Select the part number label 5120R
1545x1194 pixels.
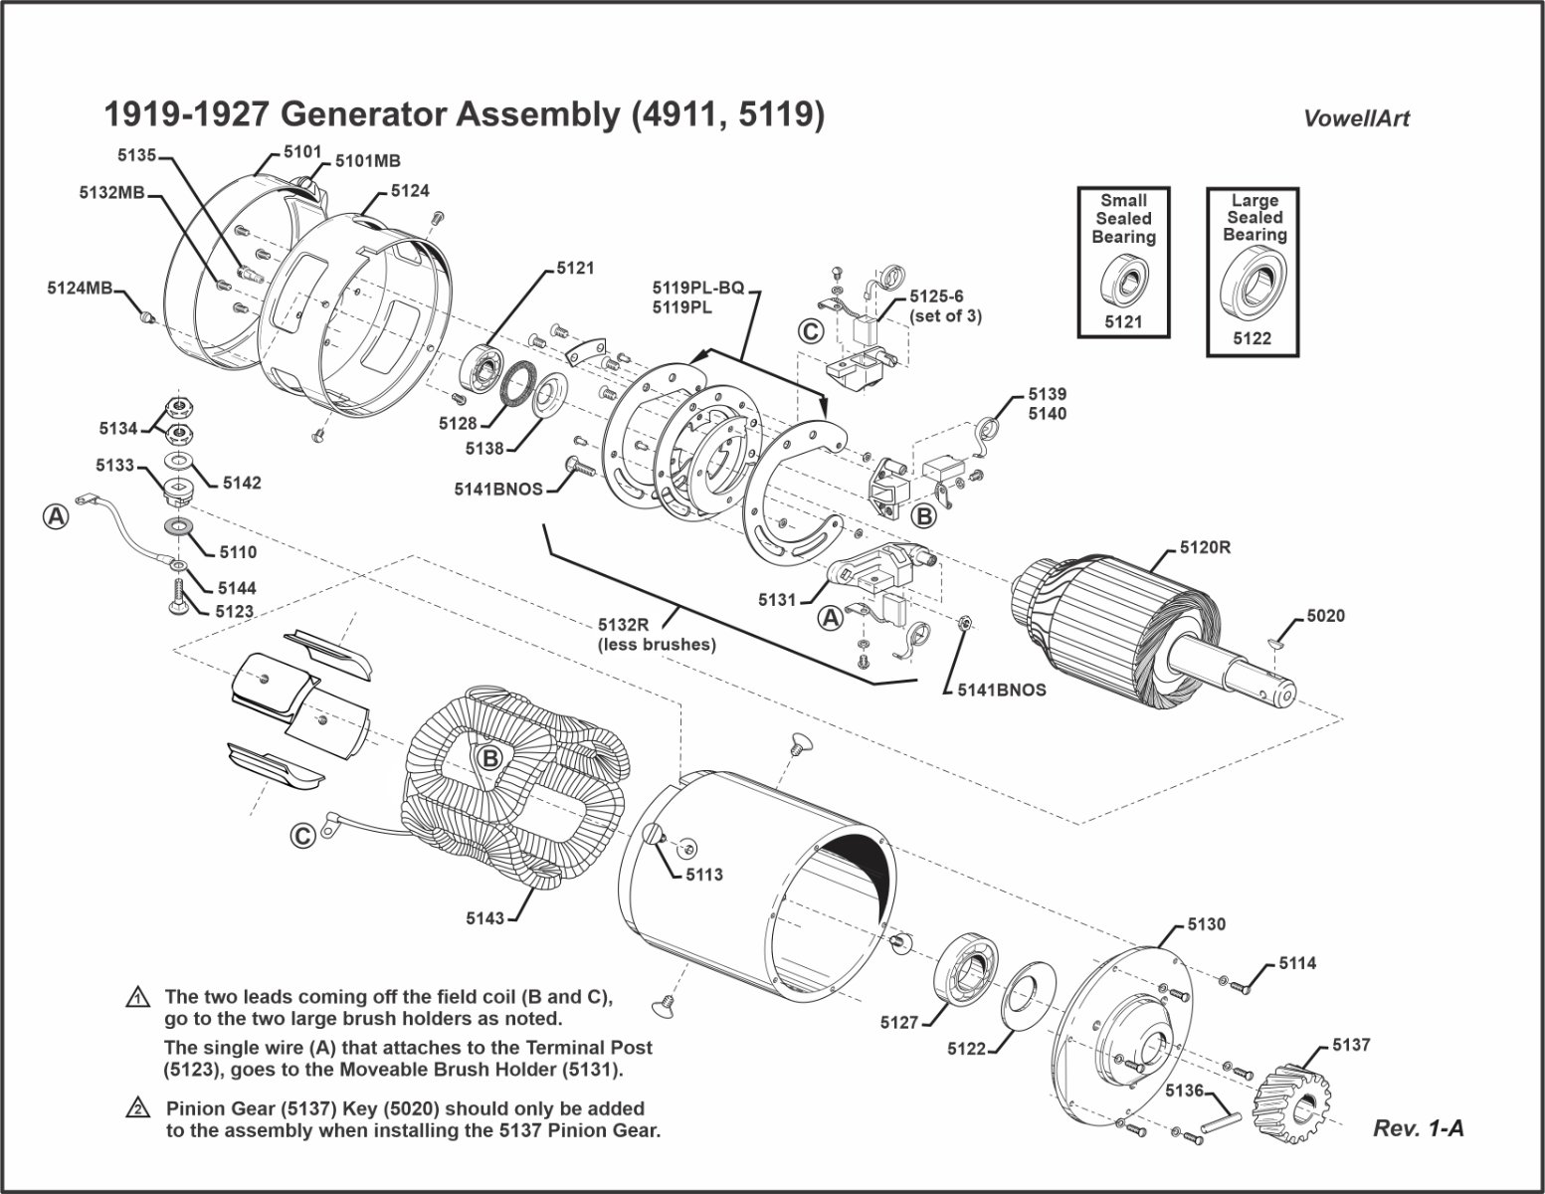(x=1205, y=547)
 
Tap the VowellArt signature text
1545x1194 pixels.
(x=1356, y=118)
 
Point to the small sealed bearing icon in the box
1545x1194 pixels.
(x=1122, y=280)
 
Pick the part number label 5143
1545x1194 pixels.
(x=484, y=918)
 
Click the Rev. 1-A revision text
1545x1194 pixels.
(x=1418, y=1128)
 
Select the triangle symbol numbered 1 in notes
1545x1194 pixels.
(x=136, y=997)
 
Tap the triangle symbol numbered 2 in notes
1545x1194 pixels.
(x=136, y=1108)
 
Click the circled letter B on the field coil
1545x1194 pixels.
(x=489, y=758)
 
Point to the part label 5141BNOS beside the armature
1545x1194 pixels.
(x=1002, y=689)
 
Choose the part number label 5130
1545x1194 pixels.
(x=1206, y=924)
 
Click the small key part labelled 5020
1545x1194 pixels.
(x=1278, y=645)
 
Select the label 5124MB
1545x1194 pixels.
(x=80, y=289)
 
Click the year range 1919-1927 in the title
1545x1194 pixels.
(x=186, y=114)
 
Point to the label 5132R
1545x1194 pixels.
(x=623, y=625)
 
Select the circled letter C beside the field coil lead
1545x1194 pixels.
(x=304, y=836)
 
